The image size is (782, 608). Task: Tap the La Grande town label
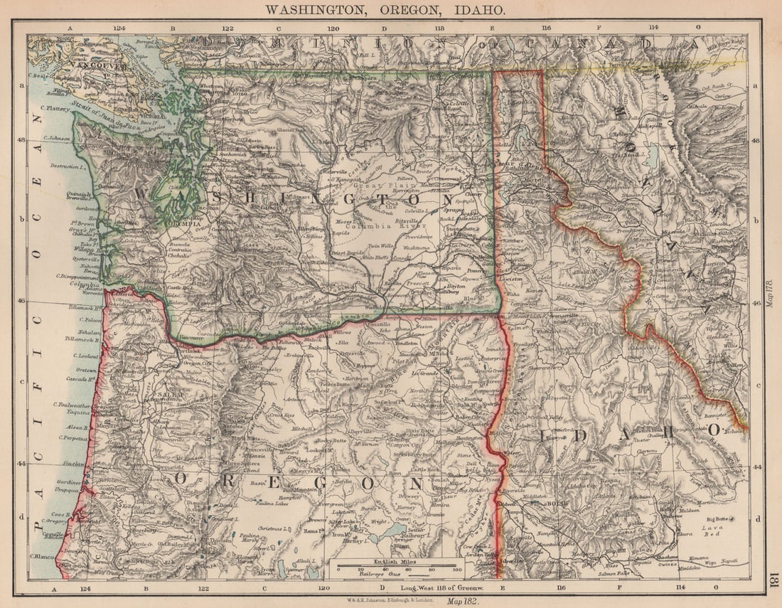point(420,373)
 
